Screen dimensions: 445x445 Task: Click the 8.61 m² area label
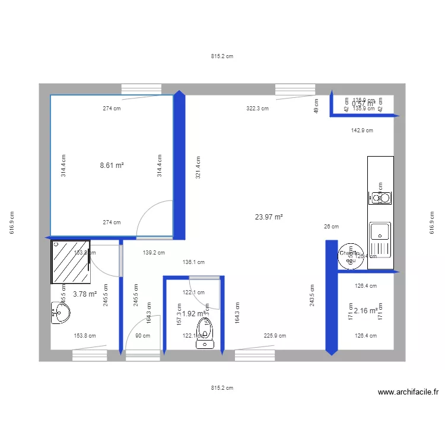pos(112,166)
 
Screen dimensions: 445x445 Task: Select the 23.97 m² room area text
pos(269,217)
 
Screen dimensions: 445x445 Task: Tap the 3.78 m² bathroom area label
pos(85,293)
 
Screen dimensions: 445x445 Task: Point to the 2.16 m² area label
pos(365,310)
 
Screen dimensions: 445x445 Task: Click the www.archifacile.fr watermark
pos(408,392)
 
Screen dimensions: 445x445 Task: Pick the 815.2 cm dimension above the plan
pos(222,57)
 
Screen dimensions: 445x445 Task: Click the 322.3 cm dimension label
pos(258,109)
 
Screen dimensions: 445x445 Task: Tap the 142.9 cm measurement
pos(362,130)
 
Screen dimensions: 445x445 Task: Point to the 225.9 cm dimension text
pos(275,335)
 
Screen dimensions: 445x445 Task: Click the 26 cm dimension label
pos(331,226)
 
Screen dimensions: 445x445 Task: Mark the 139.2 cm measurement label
pos(154,252)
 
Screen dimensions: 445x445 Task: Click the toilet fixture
pos(205,333)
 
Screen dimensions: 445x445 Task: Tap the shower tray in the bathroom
pos(71,262)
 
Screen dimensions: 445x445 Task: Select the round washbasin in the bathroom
pos(60,313)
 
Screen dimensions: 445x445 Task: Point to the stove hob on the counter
pos(380,197)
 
